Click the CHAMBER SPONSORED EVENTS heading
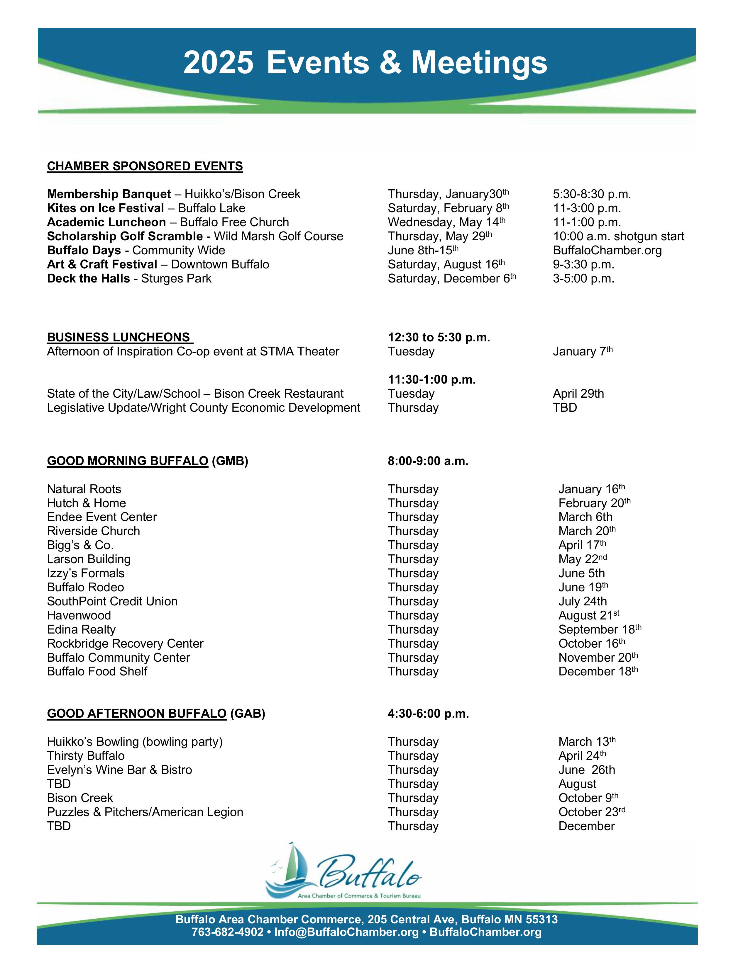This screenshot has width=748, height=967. tap(145, 166)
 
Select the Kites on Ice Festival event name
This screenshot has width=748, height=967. tap(106, 208)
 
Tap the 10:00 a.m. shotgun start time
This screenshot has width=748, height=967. tap(618, 236)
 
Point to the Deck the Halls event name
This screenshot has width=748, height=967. tap(88, 278)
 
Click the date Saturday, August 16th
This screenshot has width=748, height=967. tap(446, 264)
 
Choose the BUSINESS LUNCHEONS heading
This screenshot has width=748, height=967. tap(120, 337)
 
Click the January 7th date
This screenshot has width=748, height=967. tap(582, 352)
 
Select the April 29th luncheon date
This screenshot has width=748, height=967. tap(578, 394)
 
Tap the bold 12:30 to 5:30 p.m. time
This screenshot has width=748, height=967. tap(439, 337)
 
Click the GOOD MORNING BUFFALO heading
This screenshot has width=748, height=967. tap(128, 461)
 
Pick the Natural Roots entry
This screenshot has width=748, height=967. tap(84, 489)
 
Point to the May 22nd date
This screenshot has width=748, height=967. tap(582, 559)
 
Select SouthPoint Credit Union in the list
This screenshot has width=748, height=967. tap(112, 601)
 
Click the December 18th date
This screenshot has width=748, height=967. tap(598, 671)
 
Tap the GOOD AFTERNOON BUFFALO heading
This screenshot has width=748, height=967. tap(136, 714)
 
